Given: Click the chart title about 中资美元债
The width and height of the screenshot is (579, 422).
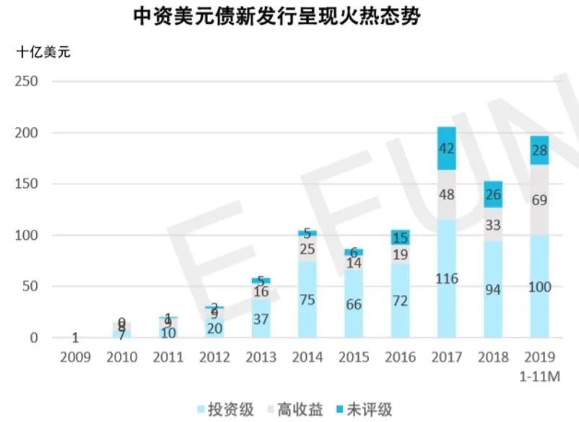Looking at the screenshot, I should click(277, 17).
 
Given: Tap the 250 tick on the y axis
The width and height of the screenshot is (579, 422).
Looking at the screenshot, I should click(26, 82).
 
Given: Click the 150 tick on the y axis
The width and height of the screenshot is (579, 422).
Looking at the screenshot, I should click(26, 184).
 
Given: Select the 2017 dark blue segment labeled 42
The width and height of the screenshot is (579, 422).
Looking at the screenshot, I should click(447, 149).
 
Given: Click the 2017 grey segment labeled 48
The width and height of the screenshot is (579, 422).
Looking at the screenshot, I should click(447, 194).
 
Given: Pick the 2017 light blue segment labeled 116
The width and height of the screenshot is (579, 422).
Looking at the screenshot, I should click(447, 278).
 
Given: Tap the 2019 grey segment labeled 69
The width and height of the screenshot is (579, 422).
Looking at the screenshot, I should click(539, 200).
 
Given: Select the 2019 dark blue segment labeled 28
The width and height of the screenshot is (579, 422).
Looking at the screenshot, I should click(539, 150).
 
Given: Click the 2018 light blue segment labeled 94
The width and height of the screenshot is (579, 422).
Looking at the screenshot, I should click(493, 289).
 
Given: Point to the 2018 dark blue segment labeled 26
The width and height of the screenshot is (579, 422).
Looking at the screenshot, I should click(493, 194).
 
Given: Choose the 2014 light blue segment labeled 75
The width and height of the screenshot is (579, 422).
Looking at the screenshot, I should click(308, 299).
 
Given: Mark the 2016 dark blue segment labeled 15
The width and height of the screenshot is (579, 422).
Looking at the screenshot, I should click(400, 237).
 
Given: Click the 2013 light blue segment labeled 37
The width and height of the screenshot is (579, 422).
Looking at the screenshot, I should click(261, 319).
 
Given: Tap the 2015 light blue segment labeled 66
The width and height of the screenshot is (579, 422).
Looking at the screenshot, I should click(354, 303).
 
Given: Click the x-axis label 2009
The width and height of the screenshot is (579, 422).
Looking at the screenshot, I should click(75, 358).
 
